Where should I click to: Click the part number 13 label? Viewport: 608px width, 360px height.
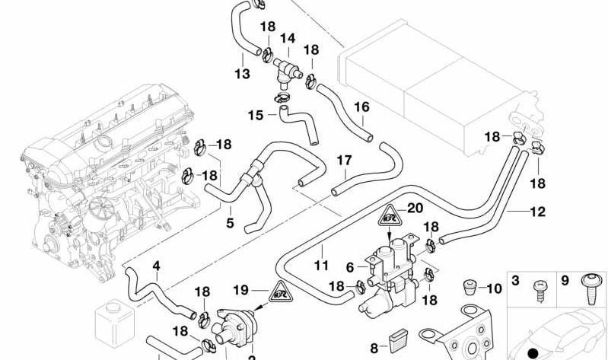[x=242, y=74]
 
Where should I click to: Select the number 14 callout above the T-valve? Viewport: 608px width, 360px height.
[x=288, y=37]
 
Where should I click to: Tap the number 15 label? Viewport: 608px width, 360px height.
[x=255, y=116]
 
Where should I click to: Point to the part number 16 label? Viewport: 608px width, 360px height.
[x=361, y=107]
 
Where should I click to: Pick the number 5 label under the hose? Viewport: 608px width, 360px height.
[x=229, y=224]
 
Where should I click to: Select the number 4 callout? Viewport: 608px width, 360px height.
[x=157, y=266]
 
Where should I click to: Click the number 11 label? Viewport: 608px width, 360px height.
[x=321, y=266]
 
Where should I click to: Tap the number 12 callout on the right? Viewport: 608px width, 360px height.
[x=537, y=212]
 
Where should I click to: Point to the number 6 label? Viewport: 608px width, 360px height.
[x=350, y=268]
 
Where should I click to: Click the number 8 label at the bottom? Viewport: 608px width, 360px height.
[x=374, y=348]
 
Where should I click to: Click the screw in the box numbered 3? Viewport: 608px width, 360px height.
[x=537, y=292]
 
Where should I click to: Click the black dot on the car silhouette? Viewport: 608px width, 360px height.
[x=533, y=352]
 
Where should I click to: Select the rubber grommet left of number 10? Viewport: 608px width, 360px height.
[x=470, y=288]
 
